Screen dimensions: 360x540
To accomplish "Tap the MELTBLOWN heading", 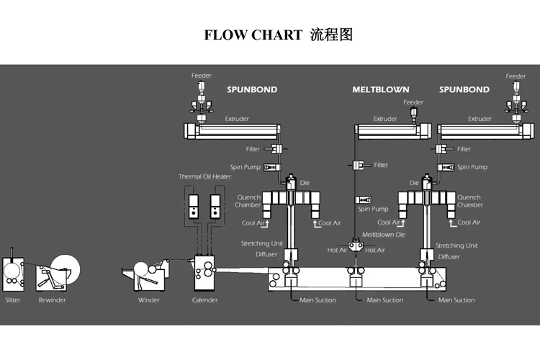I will pyautogui.click(x=380, y=90).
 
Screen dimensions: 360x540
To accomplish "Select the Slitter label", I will pyautogui.click(x=13, y=300).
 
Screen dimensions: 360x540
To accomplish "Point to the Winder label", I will pyautogui.click(x=148, y=300).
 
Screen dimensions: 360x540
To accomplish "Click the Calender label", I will pyautogui.click(x=204, y=300).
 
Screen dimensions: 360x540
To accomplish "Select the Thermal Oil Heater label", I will pyautogui.click(x=204, y=176).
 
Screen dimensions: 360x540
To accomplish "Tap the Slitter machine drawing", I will pyautogui.click(x=14, y=271).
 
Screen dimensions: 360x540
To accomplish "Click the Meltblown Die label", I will pyautogui.click(x=383, y=235).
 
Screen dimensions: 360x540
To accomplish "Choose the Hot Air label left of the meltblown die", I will pyautogui.click(x=338, y=250).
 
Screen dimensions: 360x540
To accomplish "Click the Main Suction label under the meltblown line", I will pyautogui.click(x=384, y=300).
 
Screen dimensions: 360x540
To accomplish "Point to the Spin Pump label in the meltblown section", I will pyautogui.click(x=373, y=210).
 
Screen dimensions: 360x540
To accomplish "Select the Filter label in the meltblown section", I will pyautogui.click(x=381, y=165).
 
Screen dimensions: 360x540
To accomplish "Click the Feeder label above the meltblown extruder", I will pyautogui.click(x=413, y=102).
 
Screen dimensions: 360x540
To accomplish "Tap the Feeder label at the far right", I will pyautogui.click(x=516, y=76).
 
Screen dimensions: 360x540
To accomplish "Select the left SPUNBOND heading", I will pyautogui.click(x=252, y=90).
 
